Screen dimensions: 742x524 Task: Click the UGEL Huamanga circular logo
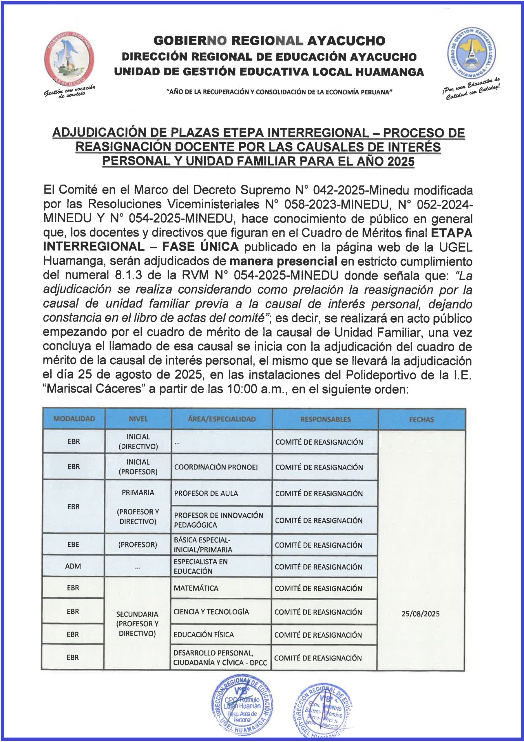point(471,53)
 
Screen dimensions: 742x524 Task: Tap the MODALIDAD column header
point(74,419)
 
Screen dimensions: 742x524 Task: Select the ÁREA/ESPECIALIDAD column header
point(222,419)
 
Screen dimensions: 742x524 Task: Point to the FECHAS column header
point(421,419)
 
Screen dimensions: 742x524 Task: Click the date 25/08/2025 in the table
point(420,614)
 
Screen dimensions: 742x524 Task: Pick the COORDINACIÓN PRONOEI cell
point(216,467)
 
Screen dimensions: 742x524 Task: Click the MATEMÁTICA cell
point(196,588)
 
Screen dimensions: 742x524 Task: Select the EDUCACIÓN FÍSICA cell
point(204,634)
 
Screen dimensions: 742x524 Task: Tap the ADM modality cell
point(73,566)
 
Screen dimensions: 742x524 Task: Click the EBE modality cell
point(73,544)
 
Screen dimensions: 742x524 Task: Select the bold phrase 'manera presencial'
point(283,261)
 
